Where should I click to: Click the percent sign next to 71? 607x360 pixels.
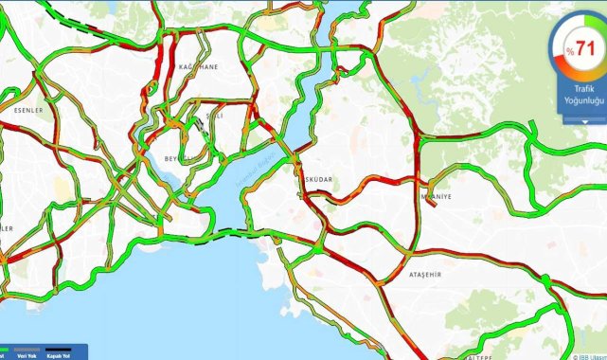(x=570, y=50)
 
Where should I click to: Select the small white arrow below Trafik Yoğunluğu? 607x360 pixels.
(x=584, y=121)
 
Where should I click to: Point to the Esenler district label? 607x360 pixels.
(x=28, y=110)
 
